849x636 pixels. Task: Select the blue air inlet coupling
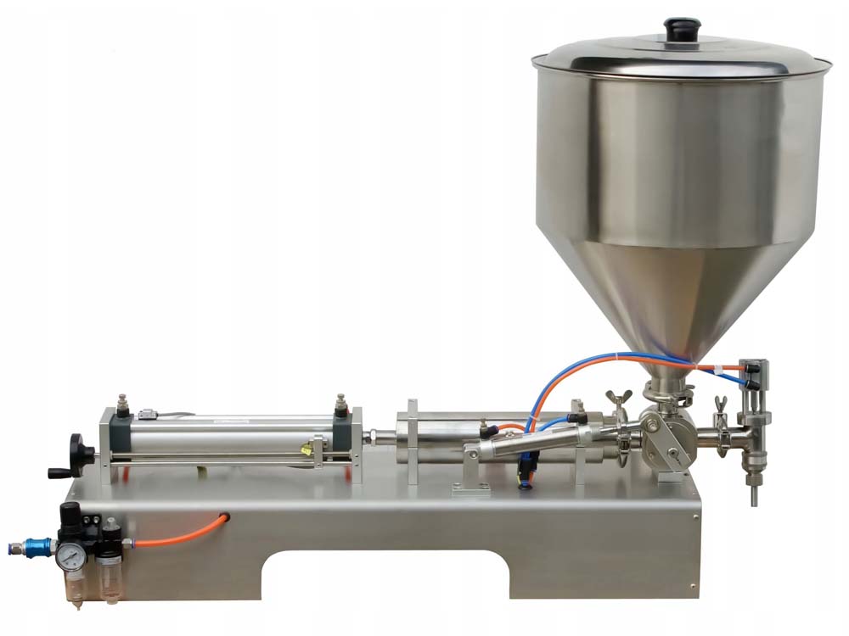(x=37, y=546)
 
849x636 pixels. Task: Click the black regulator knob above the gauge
(x=69, y=512)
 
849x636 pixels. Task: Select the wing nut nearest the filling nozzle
(x=721, y=404)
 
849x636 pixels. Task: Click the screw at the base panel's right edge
(x=695, y=514)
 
